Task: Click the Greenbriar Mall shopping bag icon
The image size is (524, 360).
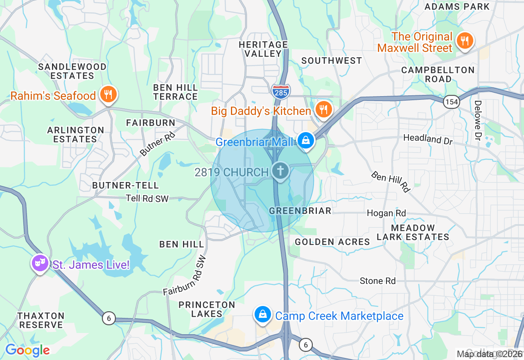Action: pos(305,140)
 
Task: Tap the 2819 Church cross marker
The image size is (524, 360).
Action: pos(280,170)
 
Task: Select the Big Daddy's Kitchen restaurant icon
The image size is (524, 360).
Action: pos(323,110)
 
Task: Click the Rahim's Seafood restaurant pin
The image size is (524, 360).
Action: pos(108,94)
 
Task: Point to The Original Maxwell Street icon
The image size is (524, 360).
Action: pos(465,41)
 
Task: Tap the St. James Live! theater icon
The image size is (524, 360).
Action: pos(40,263)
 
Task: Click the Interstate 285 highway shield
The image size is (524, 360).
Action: pos(280,90)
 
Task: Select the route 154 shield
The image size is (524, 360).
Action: pos(451,102)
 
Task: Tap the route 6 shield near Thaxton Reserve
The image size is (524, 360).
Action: pos(108,318)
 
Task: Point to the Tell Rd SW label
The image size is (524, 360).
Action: pos(147,198)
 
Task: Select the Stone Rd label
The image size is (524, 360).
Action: pos(377,281)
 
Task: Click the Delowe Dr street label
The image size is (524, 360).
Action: pos(478,120)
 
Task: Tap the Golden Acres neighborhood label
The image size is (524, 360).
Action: pos(332,242)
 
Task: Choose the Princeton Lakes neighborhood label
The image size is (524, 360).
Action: pos(207,309)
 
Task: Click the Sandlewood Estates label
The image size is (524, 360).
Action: pos(72,71)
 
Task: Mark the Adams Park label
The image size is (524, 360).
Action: pos(457,7)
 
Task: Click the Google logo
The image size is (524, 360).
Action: pos(27,350)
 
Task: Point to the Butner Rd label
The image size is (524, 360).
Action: pos(157,144)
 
